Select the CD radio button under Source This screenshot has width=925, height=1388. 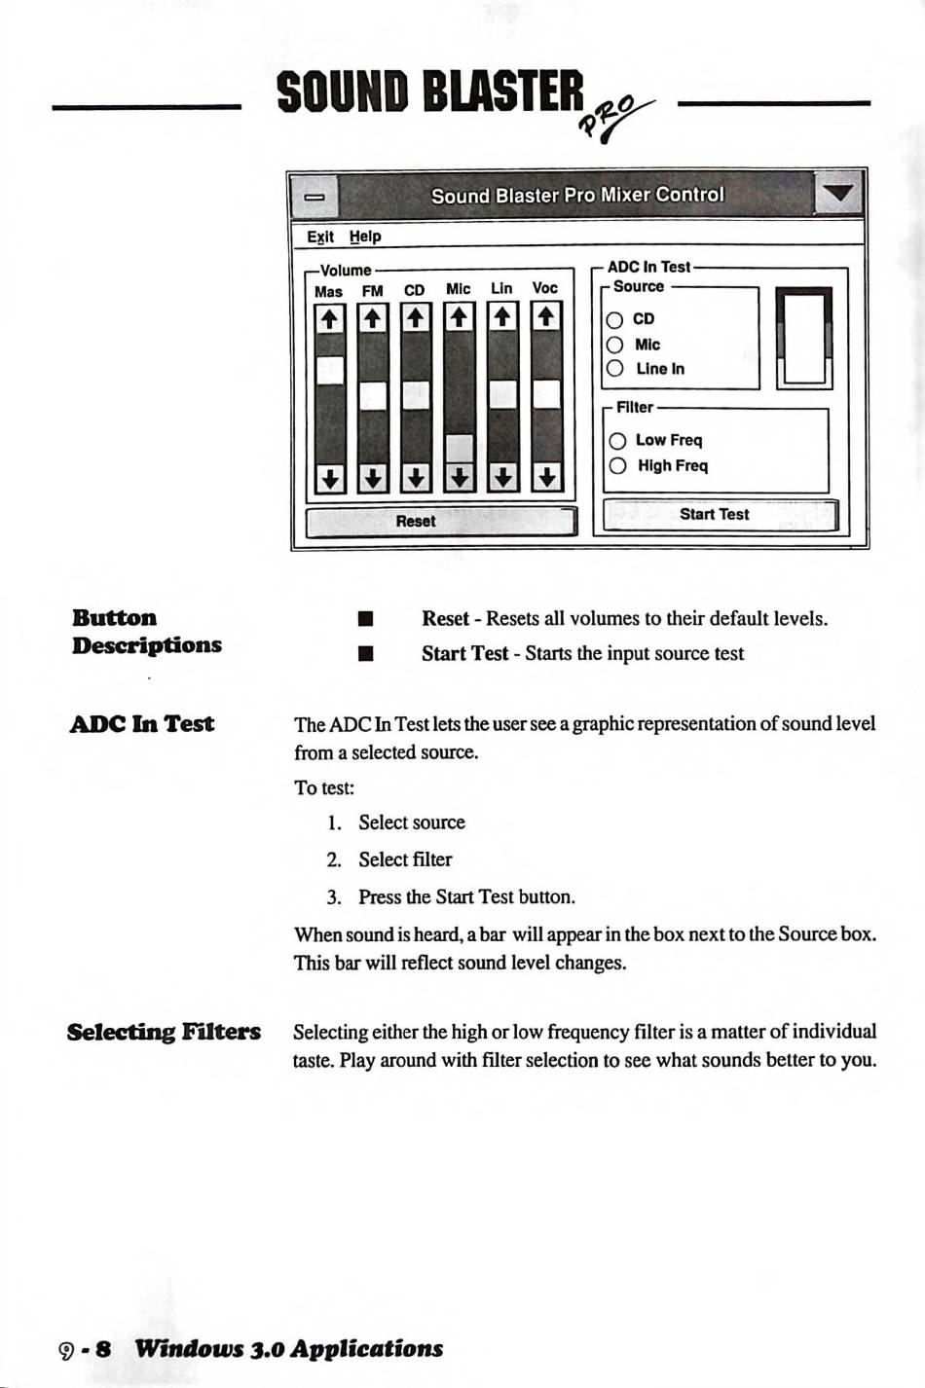coord(614,319)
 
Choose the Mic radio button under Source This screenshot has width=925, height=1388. coord(614,345)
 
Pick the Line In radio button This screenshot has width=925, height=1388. coord(614,369)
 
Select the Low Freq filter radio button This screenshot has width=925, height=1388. coord(617,441)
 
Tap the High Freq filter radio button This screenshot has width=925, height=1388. coord(617,466)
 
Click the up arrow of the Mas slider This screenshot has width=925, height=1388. coord(329,318)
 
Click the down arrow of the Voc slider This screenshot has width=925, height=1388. coord(546,478)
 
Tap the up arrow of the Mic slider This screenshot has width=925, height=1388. coord(459,317)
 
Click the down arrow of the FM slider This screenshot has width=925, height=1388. coord(373,478)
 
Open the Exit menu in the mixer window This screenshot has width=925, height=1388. coord(319,237)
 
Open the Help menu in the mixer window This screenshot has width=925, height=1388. coord(365,237)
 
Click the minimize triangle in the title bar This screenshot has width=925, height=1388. coord(837,194)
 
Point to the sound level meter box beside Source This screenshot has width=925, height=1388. coord(803,339)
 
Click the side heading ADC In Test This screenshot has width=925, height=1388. coord(142,724)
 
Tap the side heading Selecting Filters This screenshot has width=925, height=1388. coord(164,1032)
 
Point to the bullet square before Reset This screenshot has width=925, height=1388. coord(366,619)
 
